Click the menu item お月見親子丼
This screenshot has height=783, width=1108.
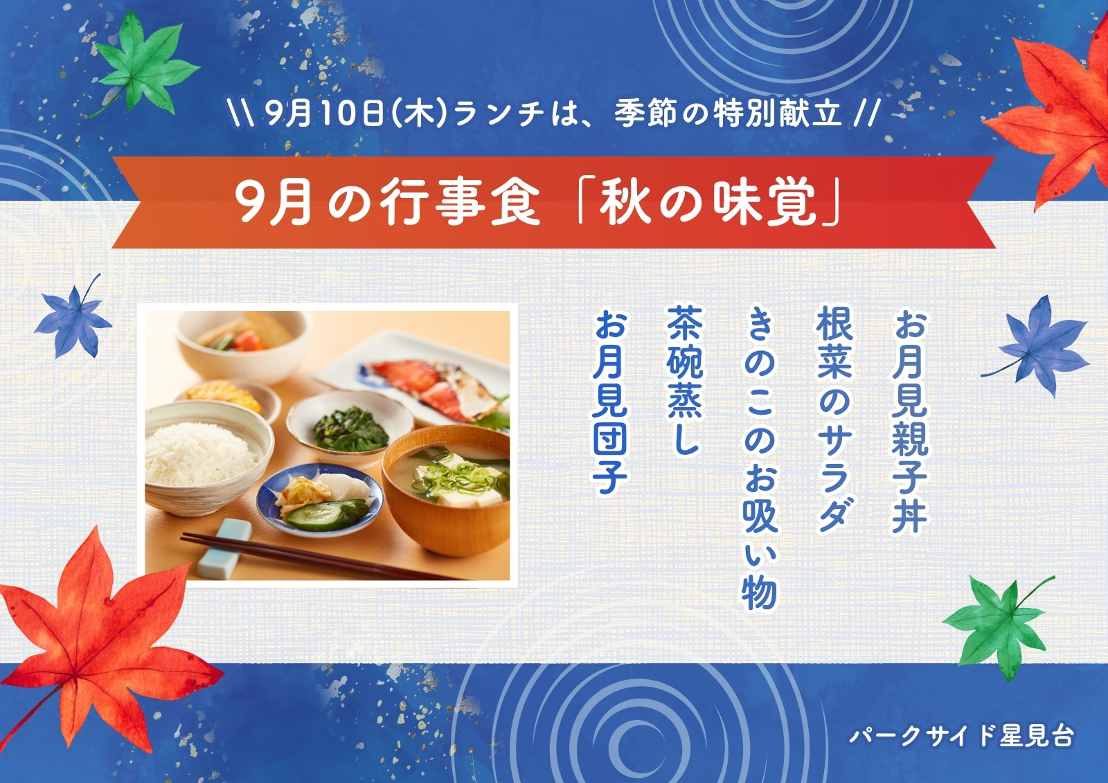click(909, 422)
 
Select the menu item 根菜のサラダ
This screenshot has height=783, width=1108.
click(834, 418)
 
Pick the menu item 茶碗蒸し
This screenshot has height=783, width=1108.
click(685, 380)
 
